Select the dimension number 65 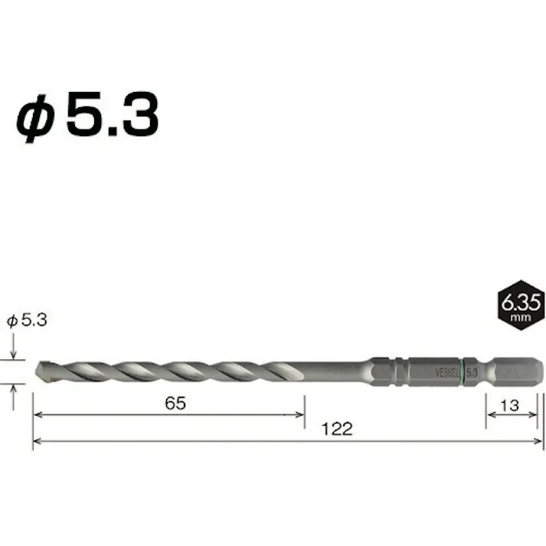tap(175, 404)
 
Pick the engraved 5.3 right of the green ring tap(472, 371)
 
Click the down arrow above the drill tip tap(14, 355)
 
